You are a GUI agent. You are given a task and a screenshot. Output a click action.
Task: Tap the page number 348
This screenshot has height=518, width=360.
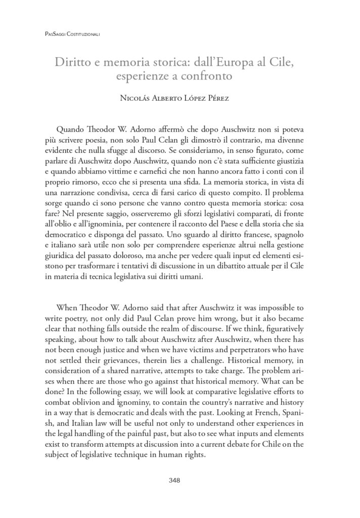tap(180, 480)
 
